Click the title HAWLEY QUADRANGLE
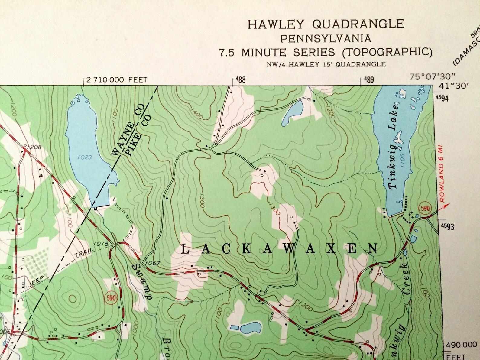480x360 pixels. pyautogui.click(x=326, y=24)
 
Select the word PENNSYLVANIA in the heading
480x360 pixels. pyautogui.click(x=326, y=38)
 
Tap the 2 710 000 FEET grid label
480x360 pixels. pyautogui.click(x=116, y=80)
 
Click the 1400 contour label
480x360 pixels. pyautogui.click(x=197, y=114)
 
